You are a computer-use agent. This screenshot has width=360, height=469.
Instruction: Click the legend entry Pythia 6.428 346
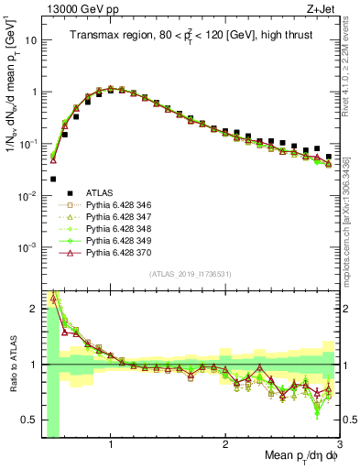[x=113, y=204]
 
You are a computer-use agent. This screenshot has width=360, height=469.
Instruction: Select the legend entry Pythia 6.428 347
[x=113, y=216]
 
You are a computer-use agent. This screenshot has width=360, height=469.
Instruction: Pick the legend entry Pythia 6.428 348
[x=113, y=228]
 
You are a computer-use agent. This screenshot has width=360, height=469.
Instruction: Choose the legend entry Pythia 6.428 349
[x=113, y=240]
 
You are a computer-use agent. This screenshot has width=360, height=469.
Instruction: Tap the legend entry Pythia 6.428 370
[x=113, y=252]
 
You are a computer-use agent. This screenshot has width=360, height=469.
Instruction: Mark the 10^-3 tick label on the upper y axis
[x=28, y=248]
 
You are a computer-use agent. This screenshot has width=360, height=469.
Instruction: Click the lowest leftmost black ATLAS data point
[x=53, y=179]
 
